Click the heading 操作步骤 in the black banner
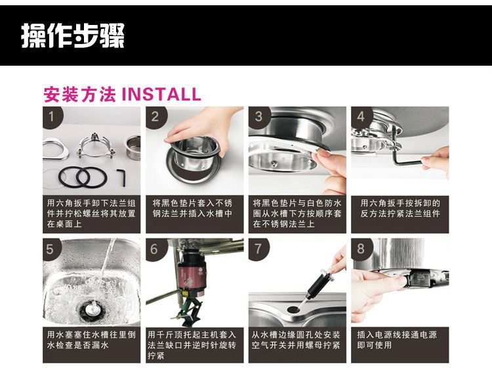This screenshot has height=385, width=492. click(73, 35)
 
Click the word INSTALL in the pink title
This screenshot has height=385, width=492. click(161, 95)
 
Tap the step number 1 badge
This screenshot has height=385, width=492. click(52, 117)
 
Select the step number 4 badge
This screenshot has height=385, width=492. click(361, 117)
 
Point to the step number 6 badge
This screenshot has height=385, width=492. click(155, 250)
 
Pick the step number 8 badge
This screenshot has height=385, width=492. click(361, 250)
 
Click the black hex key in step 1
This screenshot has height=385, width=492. click(122, 177)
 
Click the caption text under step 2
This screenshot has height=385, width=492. click(192, 208)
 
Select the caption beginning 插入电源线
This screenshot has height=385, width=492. click(397, 340)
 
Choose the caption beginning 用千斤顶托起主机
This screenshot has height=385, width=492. click(192, 345)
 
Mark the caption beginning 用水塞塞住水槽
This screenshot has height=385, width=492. click(91, 340)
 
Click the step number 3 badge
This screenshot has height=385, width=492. click(258, 117)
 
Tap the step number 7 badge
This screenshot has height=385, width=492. click(258, 250)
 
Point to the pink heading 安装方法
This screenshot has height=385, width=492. click(79, 95)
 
